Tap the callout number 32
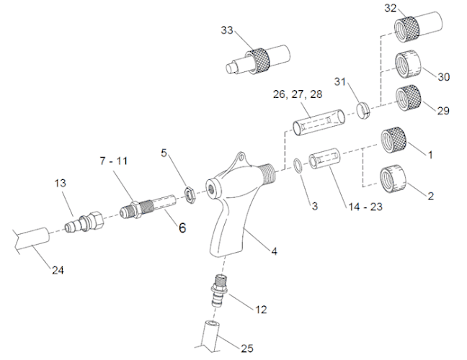coord(391,8)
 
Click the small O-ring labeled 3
coord(298,165)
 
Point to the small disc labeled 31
coord(364,110)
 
